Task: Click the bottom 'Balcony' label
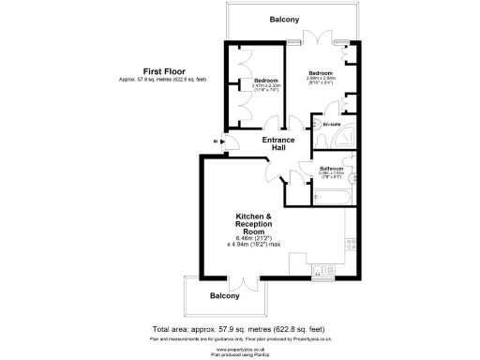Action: pos(225,296)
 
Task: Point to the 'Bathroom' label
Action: pos(333,169)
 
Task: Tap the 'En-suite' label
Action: pos(330,125)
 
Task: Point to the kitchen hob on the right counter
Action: pos(350,245)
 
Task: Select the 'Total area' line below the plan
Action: pos(239,329)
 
